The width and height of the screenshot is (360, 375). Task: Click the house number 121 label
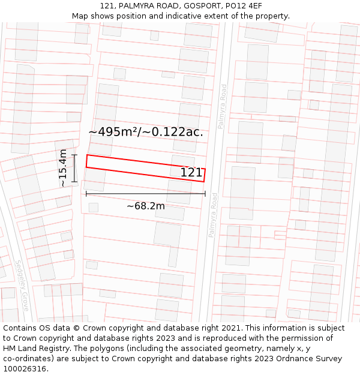[191, 173]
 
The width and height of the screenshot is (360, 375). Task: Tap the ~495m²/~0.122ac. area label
[146, 132]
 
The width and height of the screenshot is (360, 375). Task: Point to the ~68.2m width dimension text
[146, 206]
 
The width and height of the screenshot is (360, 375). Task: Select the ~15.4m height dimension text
[63, 169]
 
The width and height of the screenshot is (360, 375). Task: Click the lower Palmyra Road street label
[213, 215]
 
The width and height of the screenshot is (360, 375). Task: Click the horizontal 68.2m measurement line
[146, 194]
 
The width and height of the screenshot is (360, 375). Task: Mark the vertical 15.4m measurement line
[74, 169]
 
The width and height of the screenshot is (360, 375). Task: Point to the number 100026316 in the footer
[25, 368]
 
